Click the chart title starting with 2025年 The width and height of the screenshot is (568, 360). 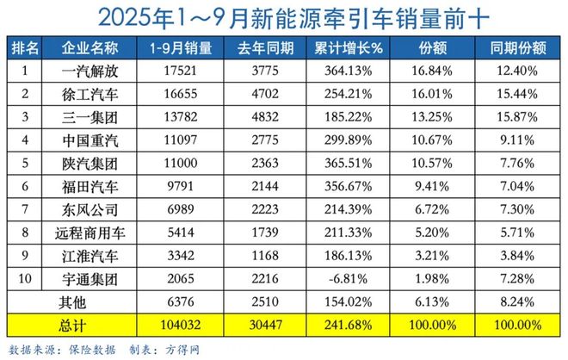click(x=284, y=17)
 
